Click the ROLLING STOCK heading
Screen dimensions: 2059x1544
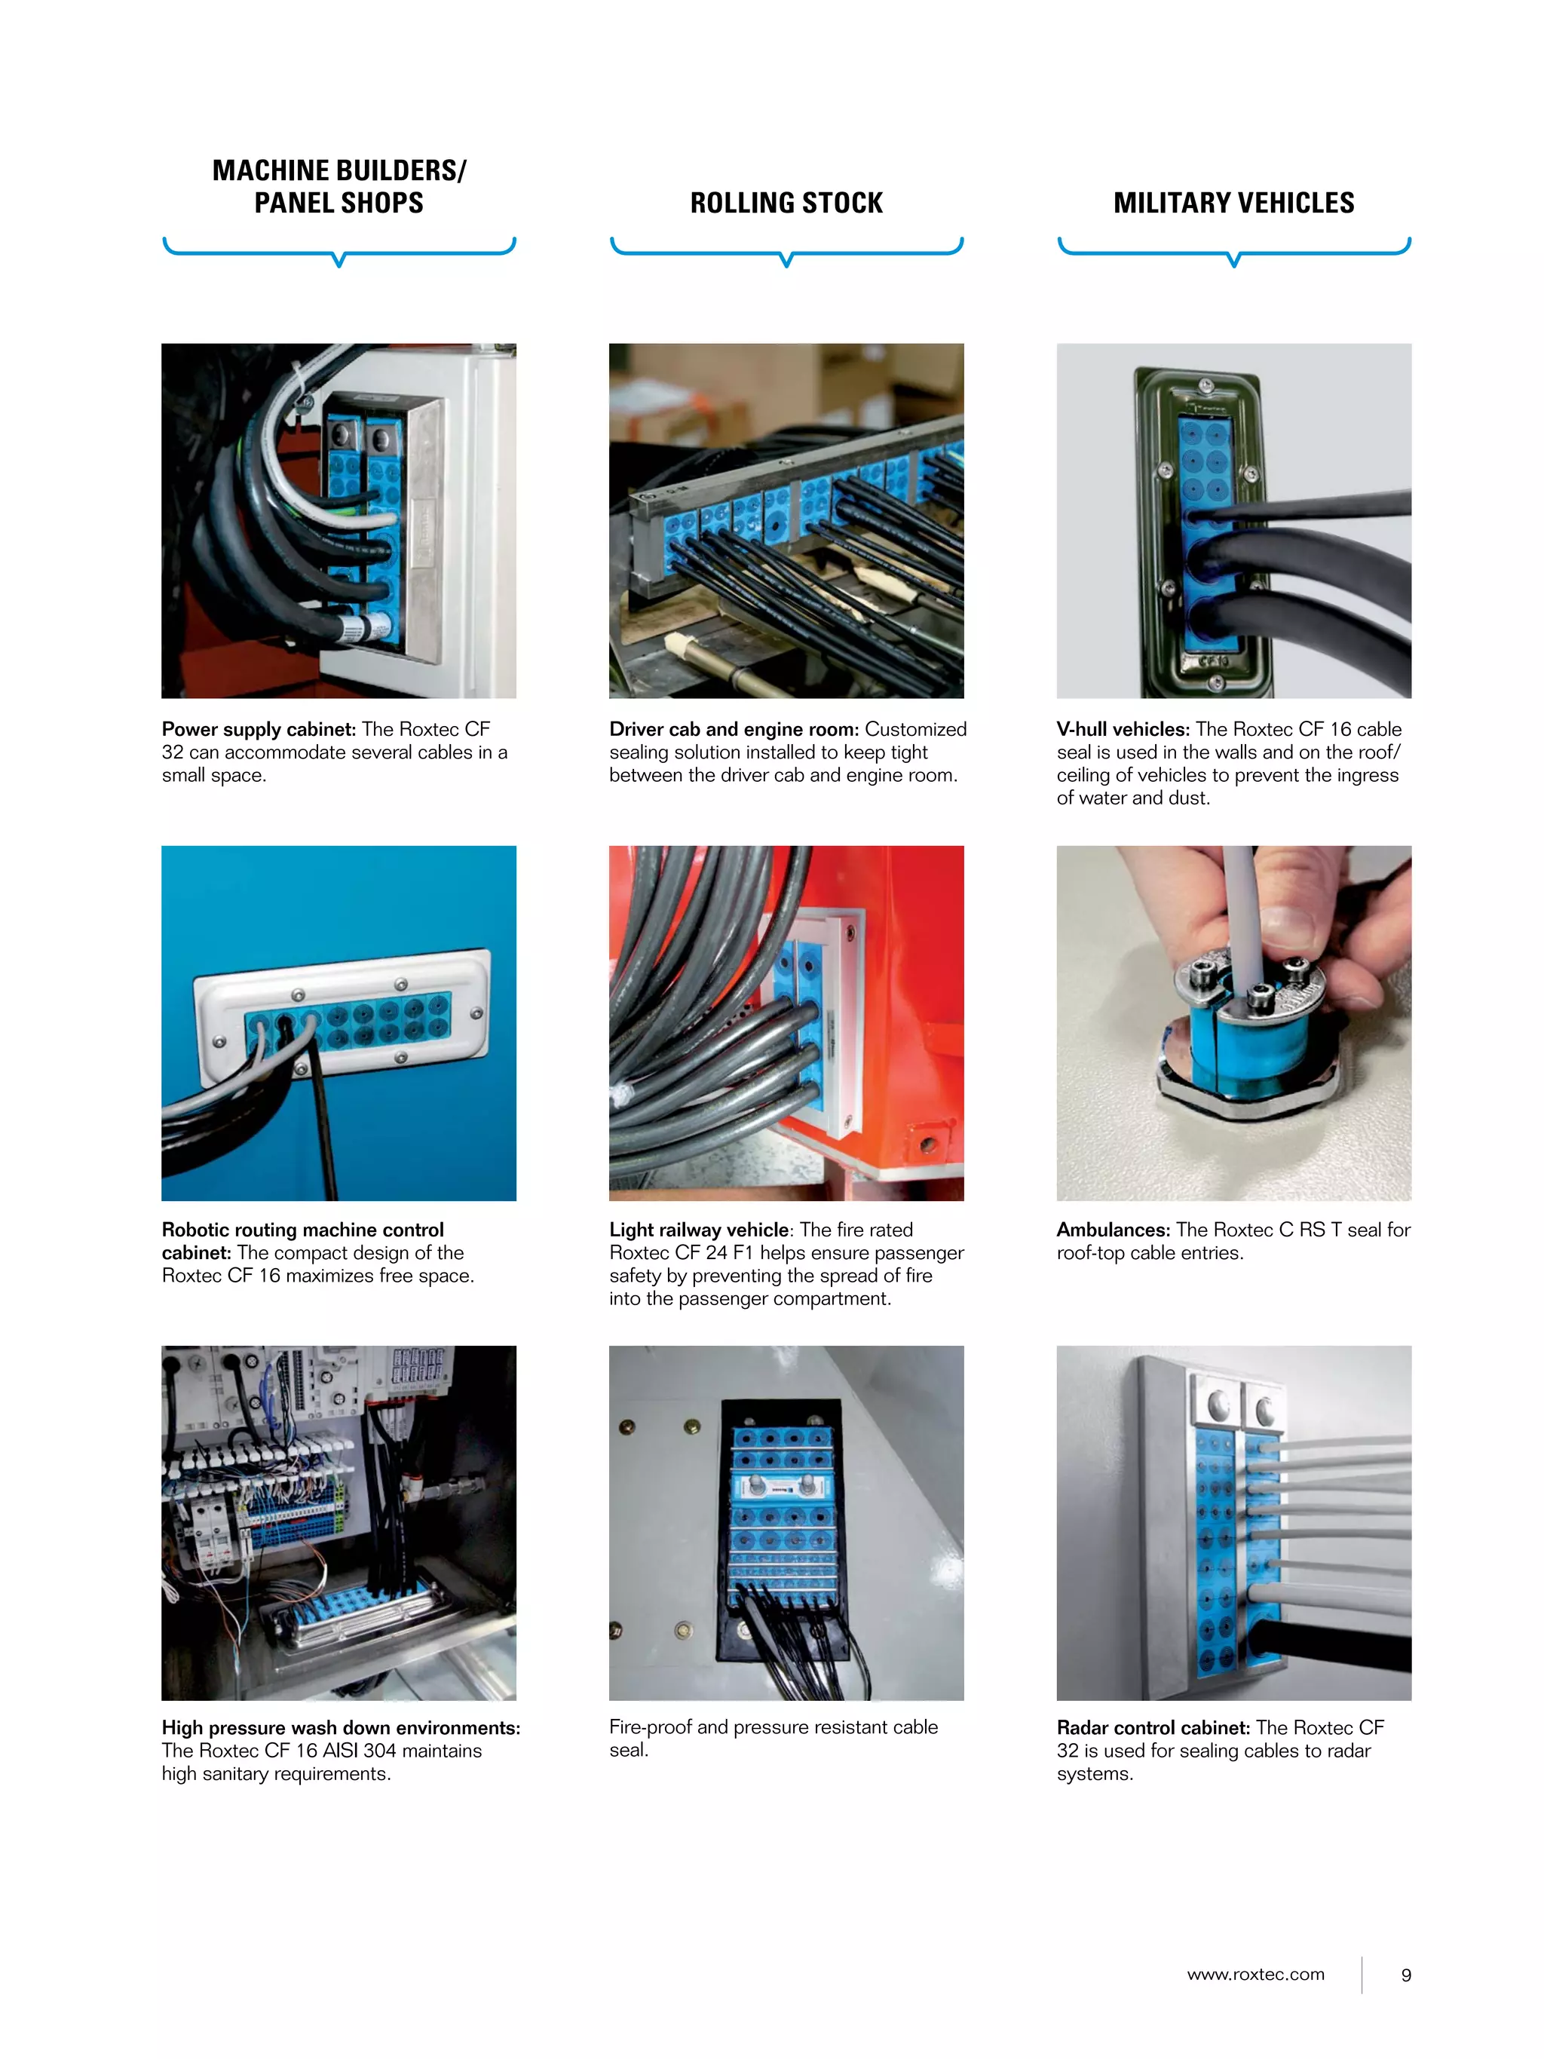pos(786,203)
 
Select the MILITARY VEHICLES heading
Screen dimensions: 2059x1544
pos(1233,203)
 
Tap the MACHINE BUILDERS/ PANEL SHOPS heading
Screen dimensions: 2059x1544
pos(339,186)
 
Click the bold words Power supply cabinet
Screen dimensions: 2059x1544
pos(259,729)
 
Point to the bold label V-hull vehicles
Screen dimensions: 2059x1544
pos(1123,729)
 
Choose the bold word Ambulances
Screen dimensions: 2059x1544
pos(1112,1230)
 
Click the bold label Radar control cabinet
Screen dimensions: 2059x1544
pos(1152,1727)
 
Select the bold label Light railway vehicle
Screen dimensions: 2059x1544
pos(698,1230)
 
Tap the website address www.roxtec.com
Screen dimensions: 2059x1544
pos(1254,1975)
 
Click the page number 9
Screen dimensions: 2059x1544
pos(1405,1975)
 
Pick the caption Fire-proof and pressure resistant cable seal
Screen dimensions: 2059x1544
pos(773,1738)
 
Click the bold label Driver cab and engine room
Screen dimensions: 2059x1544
pos(734,729)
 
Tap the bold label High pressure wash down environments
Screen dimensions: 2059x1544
pos(341,1727)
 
